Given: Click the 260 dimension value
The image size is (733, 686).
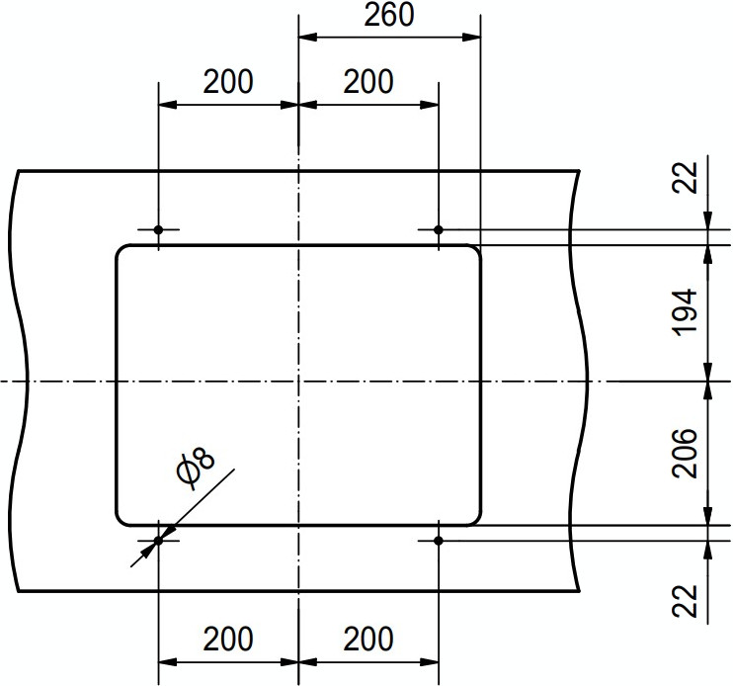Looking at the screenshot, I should coord(389,16).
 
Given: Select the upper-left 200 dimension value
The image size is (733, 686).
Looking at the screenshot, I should coord(228,81).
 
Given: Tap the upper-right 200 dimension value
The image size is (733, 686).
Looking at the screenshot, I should coord(368,81).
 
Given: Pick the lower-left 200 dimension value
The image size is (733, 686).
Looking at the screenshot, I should coord(228,640).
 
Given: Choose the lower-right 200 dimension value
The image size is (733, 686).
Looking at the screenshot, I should coord(368,640).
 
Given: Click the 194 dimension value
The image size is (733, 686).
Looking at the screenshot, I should coord(686,310).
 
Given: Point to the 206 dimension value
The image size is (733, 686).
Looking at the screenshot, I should coord(686,454).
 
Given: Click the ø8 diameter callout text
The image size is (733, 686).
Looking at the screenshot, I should coord(196,467).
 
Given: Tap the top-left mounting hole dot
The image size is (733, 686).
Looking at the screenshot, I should coord(159,229).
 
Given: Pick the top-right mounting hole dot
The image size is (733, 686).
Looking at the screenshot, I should coord(439,229).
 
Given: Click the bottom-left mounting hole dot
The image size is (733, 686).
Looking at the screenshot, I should coord(159,540).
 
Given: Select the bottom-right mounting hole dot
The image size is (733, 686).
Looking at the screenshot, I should coord(439,540).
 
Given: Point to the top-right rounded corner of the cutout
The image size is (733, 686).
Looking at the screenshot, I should coord(476,251).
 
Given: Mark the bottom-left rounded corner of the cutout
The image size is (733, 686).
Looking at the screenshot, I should coord(122,519).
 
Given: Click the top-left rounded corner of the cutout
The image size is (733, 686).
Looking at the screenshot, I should coord(122,251).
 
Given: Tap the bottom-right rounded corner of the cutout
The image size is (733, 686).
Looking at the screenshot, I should coord(476,519).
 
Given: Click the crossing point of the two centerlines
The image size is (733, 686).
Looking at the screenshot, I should coord(298,381).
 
